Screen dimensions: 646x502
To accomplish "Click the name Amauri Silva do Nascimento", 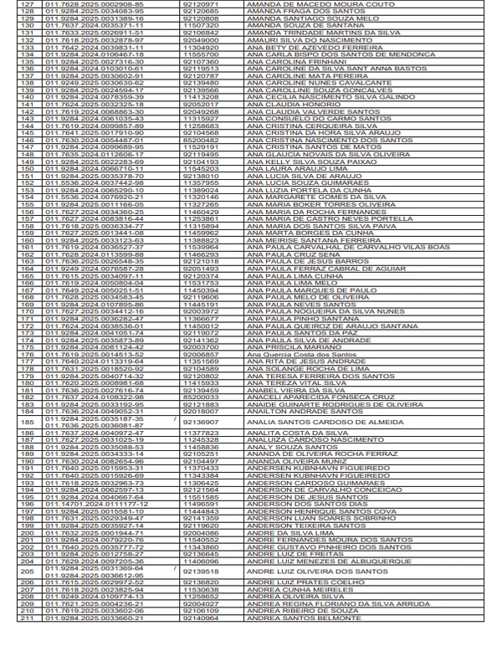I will tap(288, 39).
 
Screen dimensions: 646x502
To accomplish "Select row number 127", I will tap(29, 4).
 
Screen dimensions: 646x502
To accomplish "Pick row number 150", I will tap(29, 168).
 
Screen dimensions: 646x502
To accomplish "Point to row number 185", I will tap(29, 422).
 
